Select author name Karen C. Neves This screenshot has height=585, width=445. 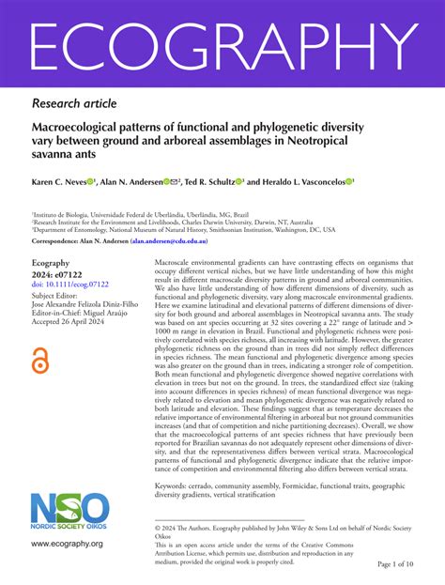click(x=63, y=181)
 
